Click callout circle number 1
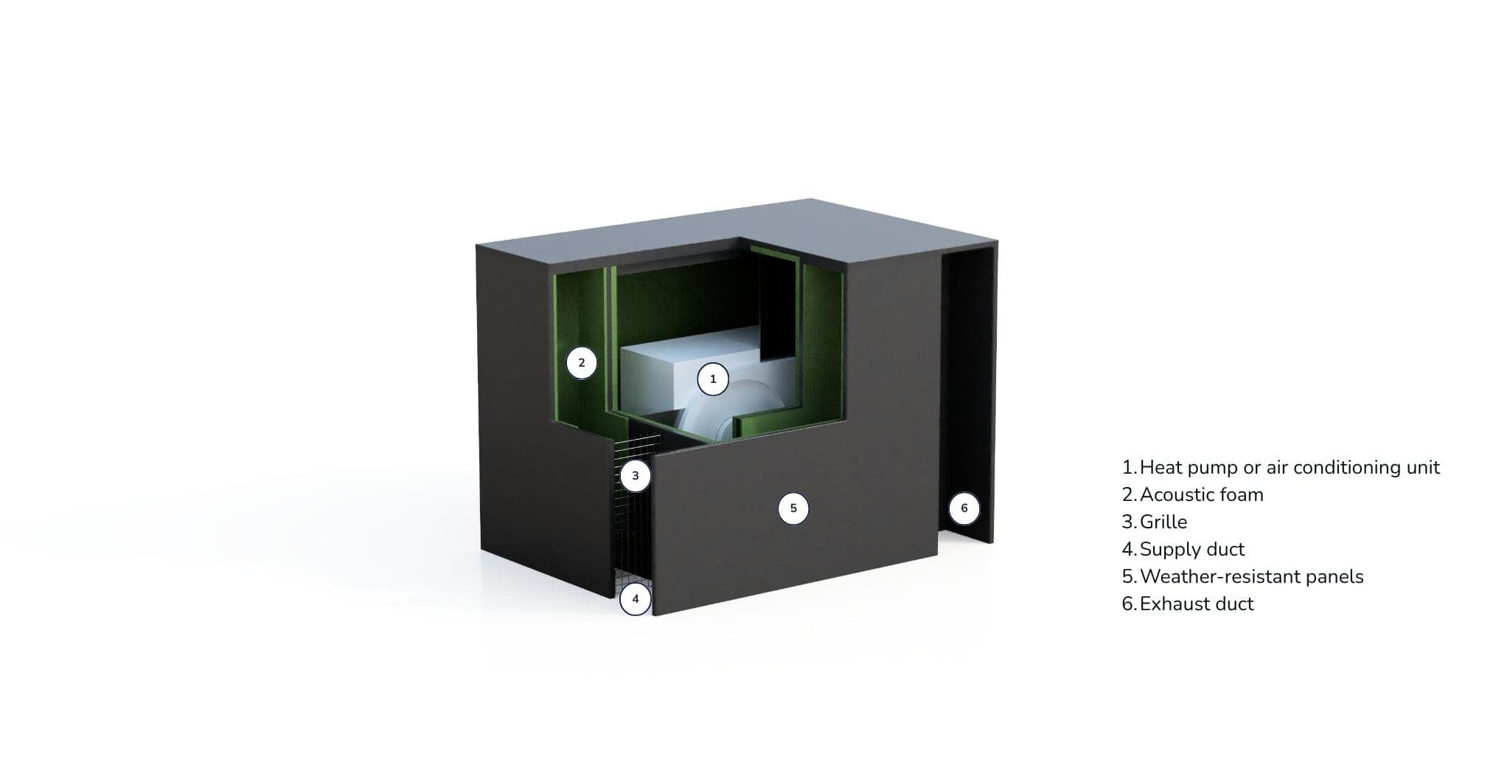tap(712, 379)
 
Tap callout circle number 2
tap(581, 363)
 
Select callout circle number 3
tap(635, 476)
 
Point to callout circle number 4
tap(635, 599)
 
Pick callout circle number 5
tap(793, 508)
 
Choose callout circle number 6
tap(964, 508)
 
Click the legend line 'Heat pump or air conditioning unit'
tap(1281, 468)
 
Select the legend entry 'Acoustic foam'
tap(1193, 494)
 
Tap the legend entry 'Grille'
tap(1155, 522)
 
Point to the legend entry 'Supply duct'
tap(1183, 550)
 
